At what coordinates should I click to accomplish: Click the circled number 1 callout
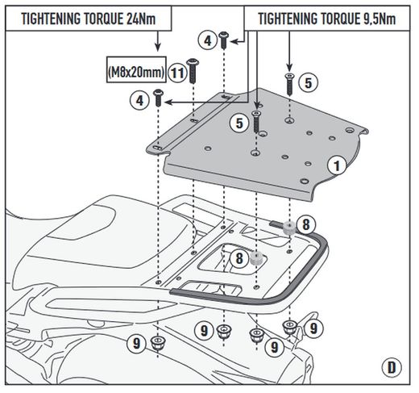[337, 165]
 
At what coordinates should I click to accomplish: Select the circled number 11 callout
[177, 73]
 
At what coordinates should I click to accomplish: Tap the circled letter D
[392, 367]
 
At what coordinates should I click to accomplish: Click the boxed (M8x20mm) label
[136, 69]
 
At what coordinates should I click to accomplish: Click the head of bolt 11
[193, 62]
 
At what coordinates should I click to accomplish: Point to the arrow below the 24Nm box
[158, 41]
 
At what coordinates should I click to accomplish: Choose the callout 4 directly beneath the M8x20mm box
[139, 101]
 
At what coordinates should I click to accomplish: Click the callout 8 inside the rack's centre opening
[239, 258]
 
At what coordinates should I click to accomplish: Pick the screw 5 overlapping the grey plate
[256, 122]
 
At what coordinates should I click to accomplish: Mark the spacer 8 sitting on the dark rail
[289, 228]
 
